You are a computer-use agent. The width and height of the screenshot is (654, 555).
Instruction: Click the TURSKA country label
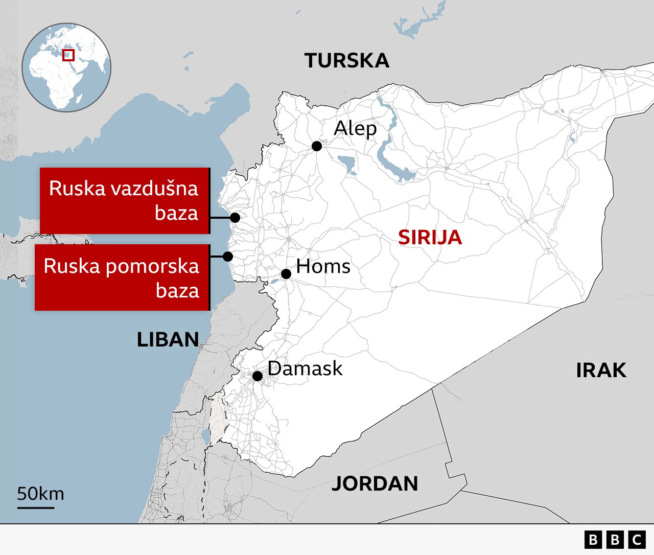(347, 61)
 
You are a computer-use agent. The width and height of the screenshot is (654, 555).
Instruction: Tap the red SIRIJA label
(430, 238)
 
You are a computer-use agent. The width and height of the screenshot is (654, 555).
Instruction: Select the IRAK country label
(601, 371)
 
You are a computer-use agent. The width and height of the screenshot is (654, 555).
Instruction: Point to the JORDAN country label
(375, 483)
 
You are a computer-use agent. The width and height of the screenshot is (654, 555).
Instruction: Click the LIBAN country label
(168, 340)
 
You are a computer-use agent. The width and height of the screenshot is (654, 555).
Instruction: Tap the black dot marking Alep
(317, 146)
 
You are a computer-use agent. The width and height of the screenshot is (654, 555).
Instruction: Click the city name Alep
(355, 128)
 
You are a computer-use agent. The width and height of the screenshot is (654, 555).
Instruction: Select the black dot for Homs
(286, 274)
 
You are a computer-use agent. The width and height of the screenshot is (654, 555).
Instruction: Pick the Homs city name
(323, 266)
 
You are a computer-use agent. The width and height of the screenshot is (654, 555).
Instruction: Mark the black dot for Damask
(258, 376)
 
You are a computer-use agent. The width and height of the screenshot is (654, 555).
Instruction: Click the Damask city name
(305, 368)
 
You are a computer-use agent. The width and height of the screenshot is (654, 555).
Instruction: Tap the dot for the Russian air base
(235, 218)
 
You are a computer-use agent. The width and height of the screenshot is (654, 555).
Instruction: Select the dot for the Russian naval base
(228, 256)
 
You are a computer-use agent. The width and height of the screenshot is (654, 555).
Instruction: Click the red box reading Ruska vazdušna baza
(125, 201)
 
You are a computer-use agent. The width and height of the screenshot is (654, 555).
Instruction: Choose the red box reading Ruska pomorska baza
(122, 277)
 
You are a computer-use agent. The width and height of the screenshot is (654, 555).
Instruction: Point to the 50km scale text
(40, 494)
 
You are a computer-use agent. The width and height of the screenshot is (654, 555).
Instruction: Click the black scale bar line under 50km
(36, 507)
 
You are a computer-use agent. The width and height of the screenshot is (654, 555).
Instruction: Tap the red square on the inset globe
(68, 55)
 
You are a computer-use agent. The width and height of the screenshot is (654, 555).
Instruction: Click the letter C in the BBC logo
(637, 540)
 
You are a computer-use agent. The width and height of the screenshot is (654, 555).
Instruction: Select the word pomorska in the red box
(150, 266)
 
